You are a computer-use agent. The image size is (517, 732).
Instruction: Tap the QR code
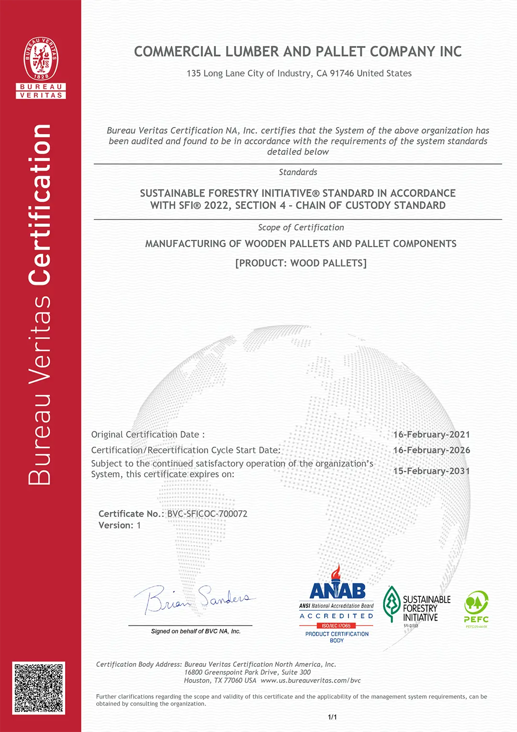tap(39, 688)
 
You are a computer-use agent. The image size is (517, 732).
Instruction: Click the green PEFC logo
tap(476, 609)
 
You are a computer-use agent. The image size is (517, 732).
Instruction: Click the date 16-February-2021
tap(431, 435)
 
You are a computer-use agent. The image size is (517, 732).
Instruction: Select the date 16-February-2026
tap(431, 451)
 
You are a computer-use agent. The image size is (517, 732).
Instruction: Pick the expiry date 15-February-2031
tap(431, 471)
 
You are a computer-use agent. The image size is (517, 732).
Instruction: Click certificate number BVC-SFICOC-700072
tap(207, 514)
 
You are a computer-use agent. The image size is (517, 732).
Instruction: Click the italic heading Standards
tap(298, 172)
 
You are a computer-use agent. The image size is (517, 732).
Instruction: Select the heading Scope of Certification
tap(301, 228)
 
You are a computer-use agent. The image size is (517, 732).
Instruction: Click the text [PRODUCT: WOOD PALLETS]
tap(301, 263)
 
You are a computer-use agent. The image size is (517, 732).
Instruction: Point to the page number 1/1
tap(332, 717)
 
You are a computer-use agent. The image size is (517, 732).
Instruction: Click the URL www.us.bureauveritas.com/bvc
tap(311, 681)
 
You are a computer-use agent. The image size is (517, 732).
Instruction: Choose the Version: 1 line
tap(120, 525)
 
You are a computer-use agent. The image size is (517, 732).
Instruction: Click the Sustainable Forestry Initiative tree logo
tap(392, 604)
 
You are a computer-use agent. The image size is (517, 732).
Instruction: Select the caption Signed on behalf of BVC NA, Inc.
tap(195, 631)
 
